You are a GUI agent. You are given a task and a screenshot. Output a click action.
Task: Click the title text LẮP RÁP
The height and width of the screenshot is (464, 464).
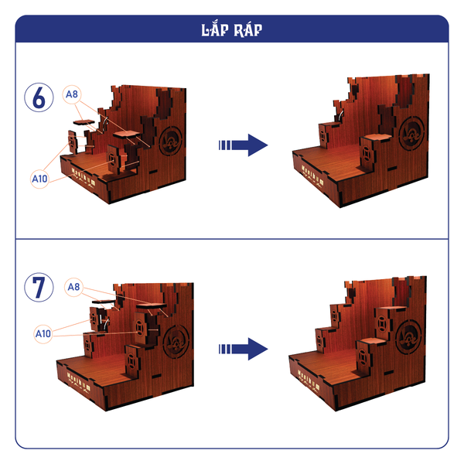coord(232,30)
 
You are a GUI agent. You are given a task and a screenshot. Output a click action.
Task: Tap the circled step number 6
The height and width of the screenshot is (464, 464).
coord(39,97)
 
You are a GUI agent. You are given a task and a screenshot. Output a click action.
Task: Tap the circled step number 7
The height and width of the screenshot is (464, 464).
coord(39,288)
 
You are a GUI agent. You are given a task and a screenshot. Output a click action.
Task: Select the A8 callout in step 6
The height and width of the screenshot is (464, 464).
coord(72,94)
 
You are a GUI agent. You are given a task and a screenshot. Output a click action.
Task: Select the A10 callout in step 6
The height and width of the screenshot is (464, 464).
coord(39,179)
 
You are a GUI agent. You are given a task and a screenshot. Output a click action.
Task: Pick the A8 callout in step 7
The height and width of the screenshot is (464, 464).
coord(73,287)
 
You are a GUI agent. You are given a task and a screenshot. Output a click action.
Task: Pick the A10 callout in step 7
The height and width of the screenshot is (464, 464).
coord(43,334)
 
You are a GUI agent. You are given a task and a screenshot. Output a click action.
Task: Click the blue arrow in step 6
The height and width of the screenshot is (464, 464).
coord(244,145)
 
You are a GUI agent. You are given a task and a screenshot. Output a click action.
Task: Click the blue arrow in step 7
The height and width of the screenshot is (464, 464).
coord(244,350)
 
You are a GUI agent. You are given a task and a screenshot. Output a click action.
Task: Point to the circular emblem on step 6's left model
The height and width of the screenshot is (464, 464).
coord(170,141)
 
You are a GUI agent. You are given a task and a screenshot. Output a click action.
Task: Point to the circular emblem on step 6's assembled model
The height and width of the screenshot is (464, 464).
coord(411,133)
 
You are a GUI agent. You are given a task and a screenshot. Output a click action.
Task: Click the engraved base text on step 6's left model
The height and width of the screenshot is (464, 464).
coord(84,178)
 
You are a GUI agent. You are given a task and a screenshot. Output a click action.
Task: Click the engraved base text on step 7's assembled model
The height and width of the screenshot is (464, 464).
coord(309,381)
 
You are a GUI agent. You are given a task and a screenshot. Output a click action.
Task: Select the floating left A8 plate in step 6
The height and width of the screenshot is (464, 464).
coord(84,122)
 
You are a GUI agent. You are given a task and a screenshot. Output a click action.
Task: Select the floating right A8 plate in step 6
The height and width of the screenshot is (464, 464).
coord(127,135)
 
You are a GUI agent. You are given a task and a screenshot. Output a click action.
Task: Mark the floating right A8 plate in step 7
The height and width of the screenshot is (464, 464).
coord(152,306)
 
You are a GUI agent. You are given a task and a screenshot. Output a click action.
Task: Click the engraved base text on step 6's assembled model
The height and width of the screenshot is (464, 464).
coord(312,176)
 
